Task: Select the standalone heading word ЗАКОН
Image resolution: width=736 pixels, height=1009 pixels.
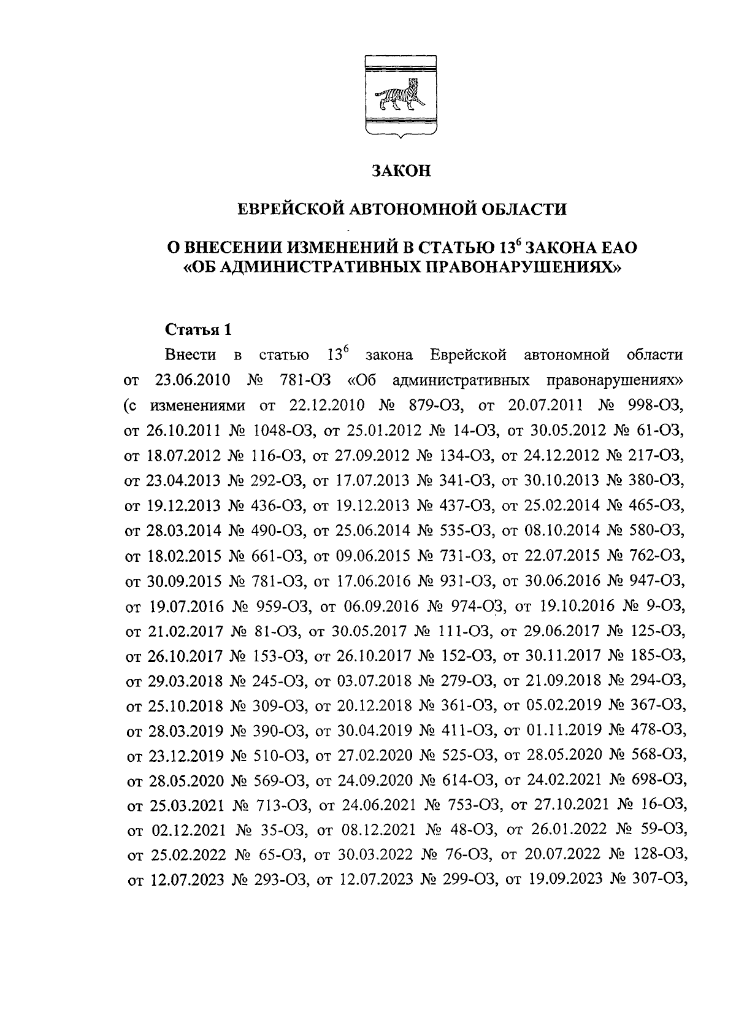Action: (x=402, y=171)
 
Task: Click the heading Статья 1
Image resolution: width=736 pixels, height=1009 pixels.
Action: (x=199, y=329)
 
